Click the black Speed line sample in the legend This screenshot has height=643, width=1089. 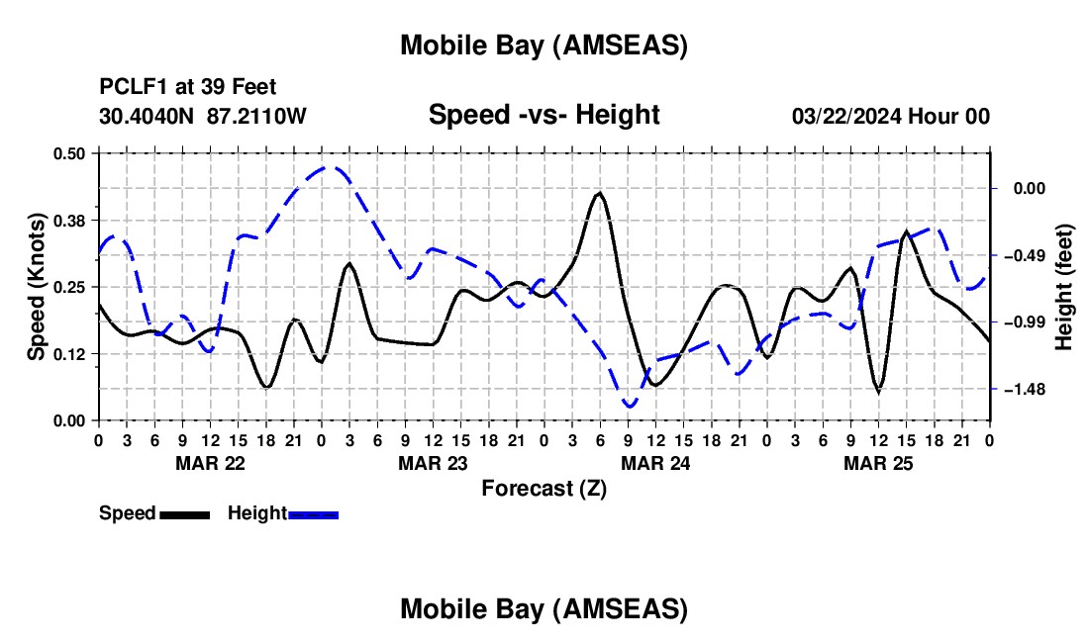[184, 514]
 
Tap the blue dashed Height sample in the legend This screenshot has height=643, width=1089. [313, 514]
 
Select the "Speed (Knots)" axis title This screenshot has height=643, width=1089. [37, 287]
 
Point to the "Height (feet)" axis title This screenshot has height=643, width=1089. [1063, 286]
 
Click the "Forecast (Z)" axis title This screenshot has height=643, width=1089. [543, 488]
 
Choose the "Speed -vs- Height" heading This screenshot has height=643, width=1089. [544, 116]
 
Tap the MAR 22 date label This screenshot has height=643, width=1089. [210, 463]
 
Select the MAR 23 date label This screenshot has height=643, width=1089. [433, 463]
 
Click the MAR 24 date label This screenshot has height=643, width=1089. [655, 463]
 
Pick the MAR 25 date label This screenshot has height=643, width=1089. [878, 463]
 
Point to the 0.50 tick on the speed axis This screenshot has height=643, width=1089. [69, 153]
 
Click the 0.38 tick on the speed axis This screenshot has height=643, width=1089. [69, 220]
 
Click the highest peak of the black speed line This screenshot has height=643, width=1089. [599, 193]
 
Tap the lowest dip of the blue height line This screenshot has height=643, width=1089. [629, 406]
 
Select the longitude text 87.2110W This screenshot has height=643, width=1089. [257, 116]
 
